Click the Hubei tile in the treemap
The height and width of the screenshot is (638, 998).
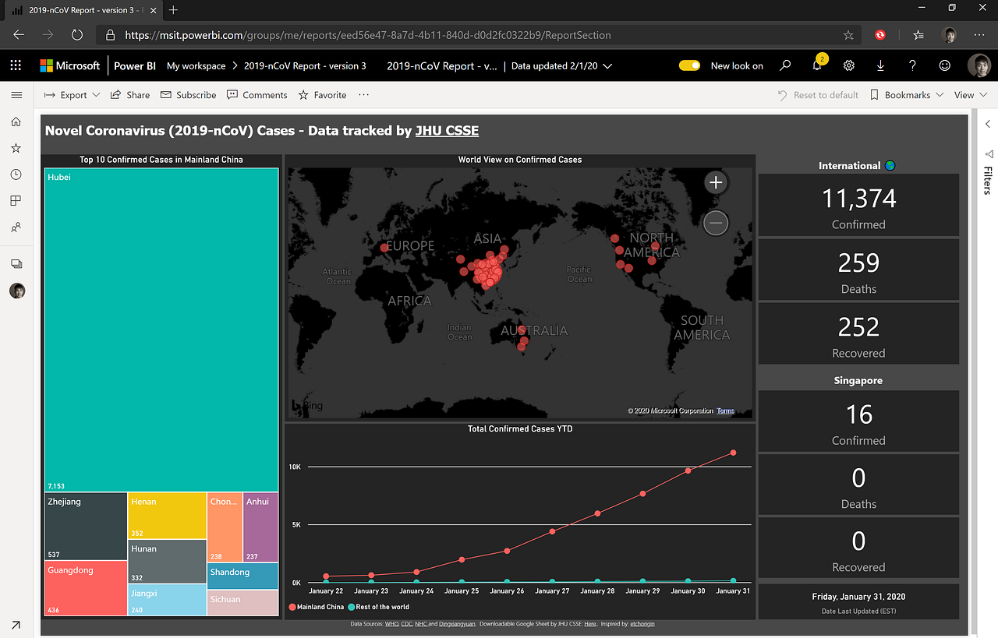[x=161, y=327]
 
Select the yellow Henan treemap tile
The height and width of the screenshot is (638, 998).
[x=168, y=515]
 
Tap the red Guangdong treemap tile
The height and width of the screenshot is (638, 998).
[x=86, y=588]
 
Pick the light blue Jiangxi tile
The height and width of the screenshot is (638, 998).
[x=168, y=600]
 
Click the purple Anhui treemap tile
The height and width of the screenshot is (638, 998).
[x=260, y=527]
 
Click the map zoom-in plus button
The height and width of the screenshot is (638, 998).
[x=716, y=182]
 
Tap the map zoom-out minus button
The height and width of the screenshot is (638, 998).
[x=716, y=224]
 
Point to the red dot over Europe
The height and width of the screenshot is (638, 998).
[x=384, y=249]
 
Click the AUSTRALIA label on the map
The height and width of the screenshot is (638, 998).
[x=534, y=330]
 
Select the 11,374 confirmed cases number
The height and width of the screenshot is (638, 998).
[x=858, y=199]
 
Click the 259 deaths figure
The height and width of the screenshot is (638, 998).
[x=858, y=263]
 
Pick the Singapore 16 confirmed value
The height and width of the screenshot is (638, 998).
[x=858, y=414]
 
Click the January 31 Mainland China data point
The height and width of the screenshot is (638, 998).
[x=733, y=453]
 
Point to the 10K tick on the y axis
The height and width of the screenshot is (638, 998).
[x=295, y=467]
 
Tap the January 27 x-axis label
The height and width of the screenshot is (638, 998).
[x=553, y=591]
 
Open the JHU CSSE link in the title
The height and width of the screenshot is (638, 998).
[x=447, y=131]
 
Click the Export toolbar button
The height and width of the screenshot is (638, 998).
[x=73, y=95]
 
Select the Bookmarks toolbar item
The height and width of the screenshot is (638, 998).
[x=907, y=95]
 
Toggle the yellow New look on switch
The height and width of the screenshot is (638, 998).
[x=690, y=66]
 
